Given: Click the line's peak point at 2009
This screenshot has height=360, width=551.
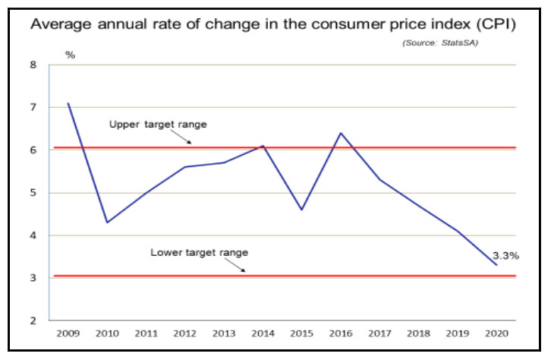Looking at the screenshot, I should coord(68,103).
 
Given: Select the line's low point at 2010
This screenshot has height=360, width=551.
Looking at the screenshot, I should coord(107,223).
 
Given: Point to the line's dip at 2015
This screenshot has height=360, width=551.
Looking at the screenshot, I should coord(301,210).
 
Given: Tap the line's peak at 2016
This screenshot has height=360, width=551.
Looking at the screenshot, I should coord(340,133).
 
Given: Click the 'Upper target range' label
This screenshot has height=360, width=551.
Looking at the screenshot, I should coord(158,124).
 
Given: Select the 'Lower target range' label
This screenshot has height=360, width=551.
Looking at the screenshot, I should coord(200,251).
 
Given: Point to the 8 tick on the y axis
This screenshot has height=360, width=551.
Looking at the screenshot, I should coord(33,65).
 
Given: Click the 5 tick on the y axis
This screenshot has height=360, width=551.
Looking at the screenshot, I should coord(33,193).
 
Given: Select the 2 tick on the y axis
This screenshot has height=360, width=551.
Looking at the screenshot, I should coord(33,321).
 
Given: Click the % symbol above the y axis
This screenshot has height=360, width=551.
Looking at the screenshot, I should coord(70,55).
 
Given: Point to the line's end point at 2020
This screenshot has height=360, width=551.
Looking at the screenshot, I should coord(496,265).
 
